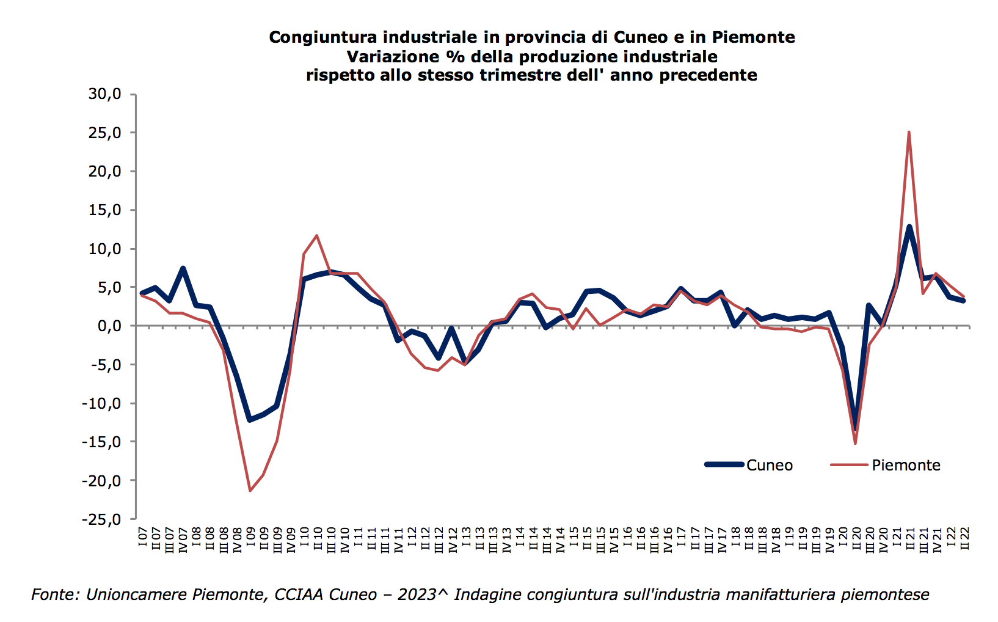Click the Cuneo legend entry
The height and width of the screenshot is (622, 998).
(769, 466)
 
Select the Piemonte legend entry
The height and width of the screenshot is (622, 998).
(905, 466)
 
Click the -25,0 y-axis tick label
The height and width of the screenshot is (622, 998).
(102, 519)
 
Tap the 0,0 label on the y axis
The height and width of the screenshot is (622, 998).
(109, 326)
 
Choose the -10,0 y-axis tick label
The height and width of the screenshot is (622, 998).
(102, 403)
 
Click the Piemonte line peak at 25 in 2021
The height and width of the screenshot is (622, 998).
(909, 132)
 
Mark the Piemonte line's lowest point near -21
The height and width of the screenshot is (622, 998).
(250, 491)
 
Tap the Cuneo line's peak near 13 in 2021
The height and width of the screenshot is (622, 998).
(909, 227)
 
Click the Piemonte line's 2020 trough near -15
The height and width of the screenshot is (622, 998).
(855, 444)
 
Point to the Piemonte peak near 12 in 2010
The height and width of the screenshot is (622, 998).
(316, 235)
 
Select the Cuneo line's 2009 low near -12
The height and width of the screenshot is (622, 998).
(250, 420)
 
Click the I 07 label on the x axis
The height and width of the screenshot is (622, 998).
(142, 537)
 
